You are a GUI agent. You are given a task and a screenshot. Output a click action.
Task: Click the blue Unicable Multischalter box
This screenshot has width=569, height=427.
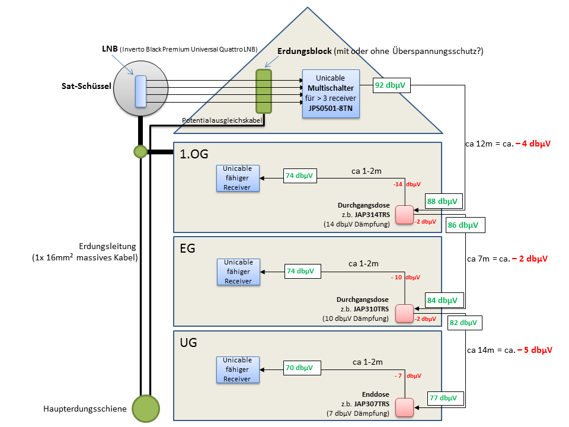point(331,94)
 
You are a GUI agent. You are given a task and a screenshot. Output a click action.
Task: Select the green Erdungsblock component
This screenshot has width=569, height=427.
point(263,91)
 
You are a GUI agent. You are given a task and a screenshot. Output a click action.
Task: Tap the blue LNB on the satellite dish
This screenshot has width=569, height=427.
point(140,91)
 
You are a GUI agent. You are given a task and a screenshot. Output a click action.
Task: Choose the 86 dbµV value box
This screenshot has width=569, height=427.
point(465,225)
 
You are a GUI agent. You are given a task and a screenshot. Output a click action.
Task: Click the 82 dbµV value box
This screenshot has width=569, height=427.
point(464,323)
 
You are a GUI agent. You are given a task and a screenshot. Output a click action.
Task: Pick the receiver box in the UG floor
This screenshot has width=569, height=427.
point(238,369)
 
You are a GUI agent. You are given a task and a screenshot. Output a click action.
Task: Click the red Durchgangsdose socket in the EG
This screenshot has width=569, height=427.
point(405,313)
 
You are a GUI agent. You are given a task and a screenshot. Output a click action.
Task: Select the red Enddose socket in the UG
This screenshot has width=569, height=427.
point(405,408)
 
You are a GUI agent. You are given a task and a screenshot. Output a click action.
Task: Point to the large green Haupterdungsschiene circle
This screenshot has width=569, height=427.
point(146,409)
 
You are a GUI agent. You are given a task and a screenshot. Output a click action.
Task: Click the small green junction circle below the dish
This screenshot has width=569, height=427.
point(140,152)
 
